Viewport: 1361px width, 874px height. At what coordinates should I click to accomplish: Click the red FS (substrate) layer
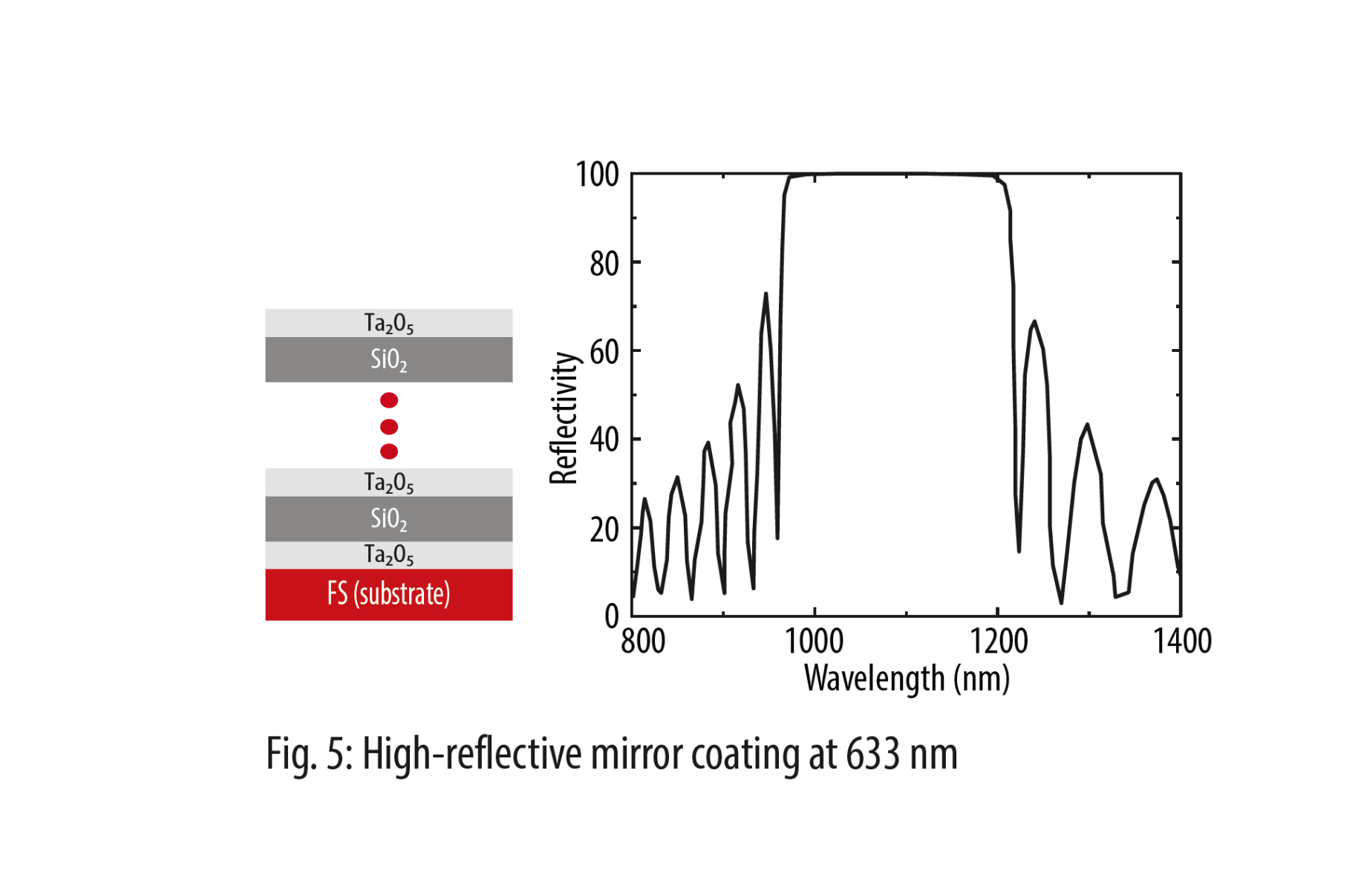(x=388, y=594)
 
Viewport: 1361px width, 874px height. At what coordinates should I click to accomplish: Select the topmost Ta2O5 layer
(x=388, y=323)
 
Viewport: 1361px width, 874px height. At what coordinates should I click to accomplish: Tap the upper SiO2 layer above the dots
(x=388, y=359)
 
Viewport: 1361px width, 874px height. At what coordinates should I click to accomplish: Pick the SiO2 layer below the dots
(x=388, y=518)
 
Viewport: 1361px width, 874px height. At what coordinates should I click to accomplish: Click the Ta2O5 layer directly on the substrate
(x=388, y=555)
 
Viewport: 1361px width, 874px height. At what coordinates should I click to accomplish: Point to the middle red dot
(x=388, y=426)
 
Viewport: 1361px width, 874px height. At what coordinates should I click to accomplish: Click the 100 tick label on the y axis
(x=597, y=175)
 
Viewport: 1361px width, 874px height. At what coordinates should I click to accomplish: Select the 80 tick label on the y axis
(x=604, y=264)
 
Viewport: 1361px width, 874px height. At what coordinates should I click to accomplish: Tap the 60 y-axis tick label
(x=604, y=352)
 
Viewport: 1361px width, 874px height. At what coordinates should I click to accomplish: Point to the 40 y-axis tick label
(x=604, y=440)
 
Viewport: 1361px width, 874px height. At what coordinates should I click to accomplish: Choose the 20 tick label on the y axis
(x=604, y=529)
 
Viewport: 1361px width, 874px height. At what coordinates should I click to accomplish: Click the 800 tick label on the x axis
(x=643, y=641)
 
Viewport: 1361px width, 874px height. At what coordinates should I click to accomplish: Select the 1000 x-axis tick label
(x=814, y=641)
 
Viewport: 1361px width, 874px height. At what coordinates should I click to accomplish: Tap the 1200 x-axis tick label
(x=999, y=641)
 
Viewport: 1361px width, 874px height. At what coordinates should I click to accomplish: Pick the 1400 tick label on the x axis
(x=1181, y=641)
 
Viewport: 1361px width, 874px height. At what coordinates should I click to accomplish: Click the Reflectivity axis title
(x=564, y=418)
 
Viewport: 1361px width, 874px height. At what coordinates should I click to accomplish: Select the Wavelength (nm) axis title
(x=907, y=678)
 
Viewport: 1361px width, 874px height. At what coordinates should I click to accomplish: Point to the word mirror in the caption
(x=636, y=754)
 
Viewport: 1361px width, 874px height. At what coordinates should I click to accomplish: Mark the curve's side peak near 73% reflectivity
(x=766, y=295)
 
